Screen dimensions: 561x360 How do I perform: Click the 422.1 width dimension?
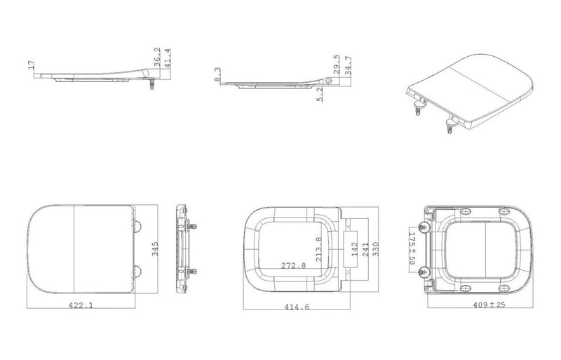[81, 305]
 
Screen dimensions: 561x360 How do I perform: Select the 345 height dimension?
[155, 249]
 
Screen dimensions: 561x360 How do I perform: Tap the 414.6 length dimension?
[297, 307]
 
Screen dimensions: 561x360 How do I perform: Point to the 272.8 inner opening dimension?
[293, 265]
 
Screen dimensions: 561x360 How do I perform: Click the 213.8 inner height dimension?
[318, 249]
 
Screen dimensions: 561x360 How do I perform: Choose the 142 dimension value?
[355, 249]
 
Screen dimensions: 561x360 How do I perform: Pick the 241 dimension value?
[365, 249]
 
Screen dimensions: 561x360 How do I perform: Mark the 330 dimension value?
[375, 249]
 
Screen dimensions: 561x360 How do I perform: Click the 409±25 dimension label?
[489, 305]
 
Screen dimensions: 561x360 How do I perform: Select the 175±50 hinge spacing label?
[412, 248]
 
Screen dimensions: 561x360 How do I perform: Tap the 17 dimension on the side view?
[32, 65]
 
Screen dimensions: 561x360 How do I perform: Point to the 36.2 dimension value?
[157, 58]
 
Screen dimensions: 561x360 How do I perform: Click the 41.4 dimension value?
[168, 58]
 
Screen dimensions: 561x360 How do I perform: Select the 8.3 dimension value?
[218, 74]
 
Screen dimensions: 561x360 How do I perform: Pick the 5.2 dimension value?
[320, 95]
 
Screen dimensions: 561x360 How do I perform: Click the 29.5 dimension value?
[337, 65]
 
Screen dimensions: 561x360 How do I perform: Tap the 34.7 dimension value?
[348, 65]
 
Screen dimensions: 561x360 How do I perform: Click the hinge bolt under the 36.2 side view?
[152, 84]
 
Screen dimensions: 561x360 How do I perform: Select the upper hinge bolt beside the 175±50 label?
[424, 227]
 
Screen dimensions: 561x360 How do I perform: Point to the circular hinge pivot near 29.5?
[329, 81]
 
